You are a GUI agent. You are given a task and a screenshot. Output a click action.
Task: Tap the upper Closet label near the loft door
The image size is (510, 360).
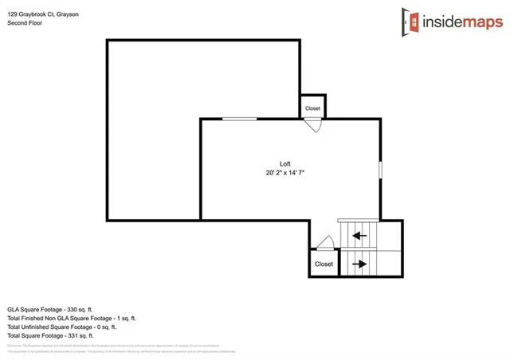click(x=312, y=108)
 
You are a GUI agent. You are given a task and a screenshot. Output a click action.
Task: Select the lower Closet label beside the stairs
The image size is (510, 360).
click(x=324, y=264)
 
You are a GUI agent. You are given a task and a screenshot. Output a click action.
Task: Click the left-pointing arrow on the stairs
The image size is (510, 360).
click(x=359, y=235)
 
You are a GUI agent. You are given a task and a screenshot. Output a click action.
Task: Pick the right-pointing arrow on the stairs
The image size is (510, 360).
click(x=359, y=264)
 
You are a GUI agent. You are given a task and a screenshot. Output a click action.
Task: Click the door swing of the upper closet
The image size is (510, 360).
click(x=312, y=126)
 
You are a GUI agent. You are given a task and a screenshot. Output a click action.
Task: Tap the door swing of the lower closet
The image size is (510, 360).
click(x=324, y=243)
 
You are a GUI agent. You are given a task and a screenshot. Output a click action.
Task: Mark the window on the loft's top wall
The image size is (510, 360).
click(x=239, y=119)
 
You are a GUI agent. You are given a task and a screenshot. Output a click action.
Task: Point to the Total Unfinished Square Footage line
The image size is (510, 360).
click(x=62, y=327)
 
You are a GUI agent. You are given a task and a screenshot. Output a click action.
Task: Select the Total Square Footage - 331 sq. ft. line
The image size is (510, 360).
click(x=55, y=336)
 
